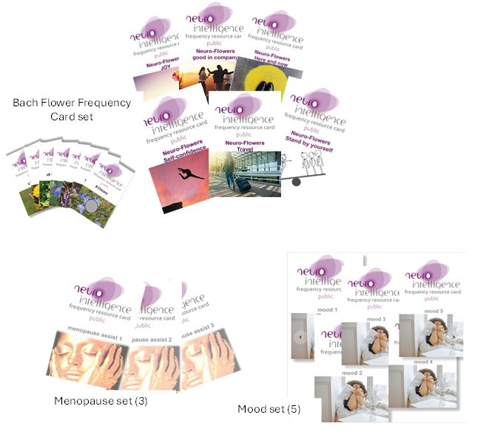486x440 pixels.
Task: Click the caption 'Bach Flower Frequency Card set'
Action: click(x=72, y=109)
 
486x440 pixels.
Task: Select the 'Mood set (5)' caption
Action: click(x=269, y=408)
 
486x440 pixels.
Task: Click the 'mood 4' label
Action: click(x=423, y=362)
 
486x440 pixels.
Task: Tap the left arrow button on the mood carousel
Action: click(x=300, y=337)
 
